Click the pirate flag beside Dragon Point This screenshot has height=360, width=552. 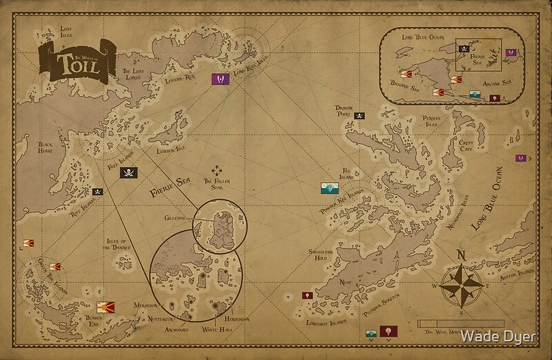(359, 116)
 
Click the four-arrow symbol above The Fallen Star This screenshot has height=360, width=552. (218, 170)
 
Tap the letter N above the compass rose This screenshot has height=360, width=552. (462, 254)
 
